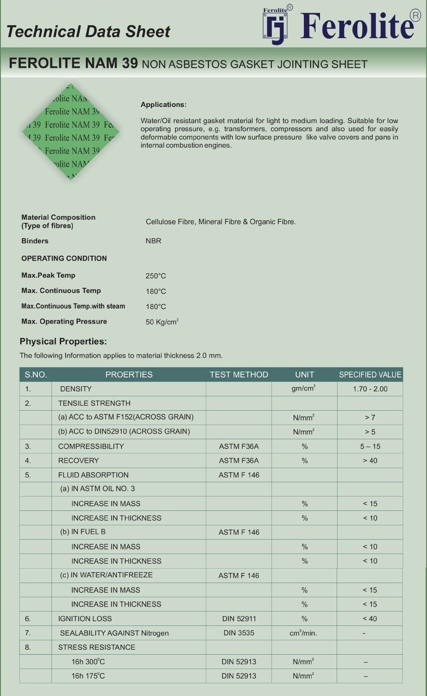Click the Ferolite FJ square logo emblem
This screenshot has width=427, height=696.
pyautogui.click(x=275, y=27)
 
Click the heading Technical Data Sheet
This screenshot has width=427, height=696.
pyautogui.click(x=88, y=31)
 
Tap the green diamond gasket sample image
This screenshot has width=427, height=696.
pyautogui.click(x=71, y=131)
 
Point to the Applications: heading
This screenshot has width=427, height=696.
pyautogui.click(x=163, y=105)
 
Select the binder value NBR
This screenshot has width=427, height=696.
pyautogui.click(x=153, y=241)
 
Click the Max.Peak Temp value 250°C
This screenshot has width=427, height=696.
pyautogui.click(x=156, y=276)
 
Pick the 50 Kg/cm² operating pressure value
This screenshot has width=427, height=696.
pyautogui.click(x=162, y=322)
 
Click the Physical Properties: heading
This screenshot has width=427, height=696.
pyautogui.click(x=63, y=341)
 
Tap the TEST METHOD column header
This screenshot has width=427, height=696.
pyautogui.click(x=239, y=375)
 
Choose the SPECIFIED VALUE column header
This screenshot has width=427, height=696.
pyautogui.click(x=370, y=375)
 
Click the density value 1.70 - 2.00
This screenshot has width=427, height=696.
pyautogui.click(x=370, y=389)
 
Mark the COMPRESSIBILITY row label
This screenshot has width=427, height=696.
pyautogui.click(x=91, y=447)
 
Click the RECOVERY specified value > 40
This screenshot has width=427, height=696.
pyautogui.click(x=370, y=461)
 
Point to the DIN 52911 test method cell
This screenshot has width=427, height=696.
pyautogui.click(x=239, y=619)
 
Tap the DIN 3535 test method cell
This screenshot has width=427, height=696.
pyautogui.click(x=239, y=633)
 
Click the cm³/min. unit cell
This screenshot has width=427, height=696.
pyautogui.click(x=303, y=633)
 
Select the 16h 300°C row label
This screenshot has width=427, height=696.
pyautogui.click(x=88, y=662)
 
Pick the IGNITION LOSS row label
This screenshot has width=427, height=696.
pyautogui.click(x=85, y=619)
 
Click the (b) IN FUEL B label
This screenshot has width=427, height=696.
pyautogui.click(x=83, y=532)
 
